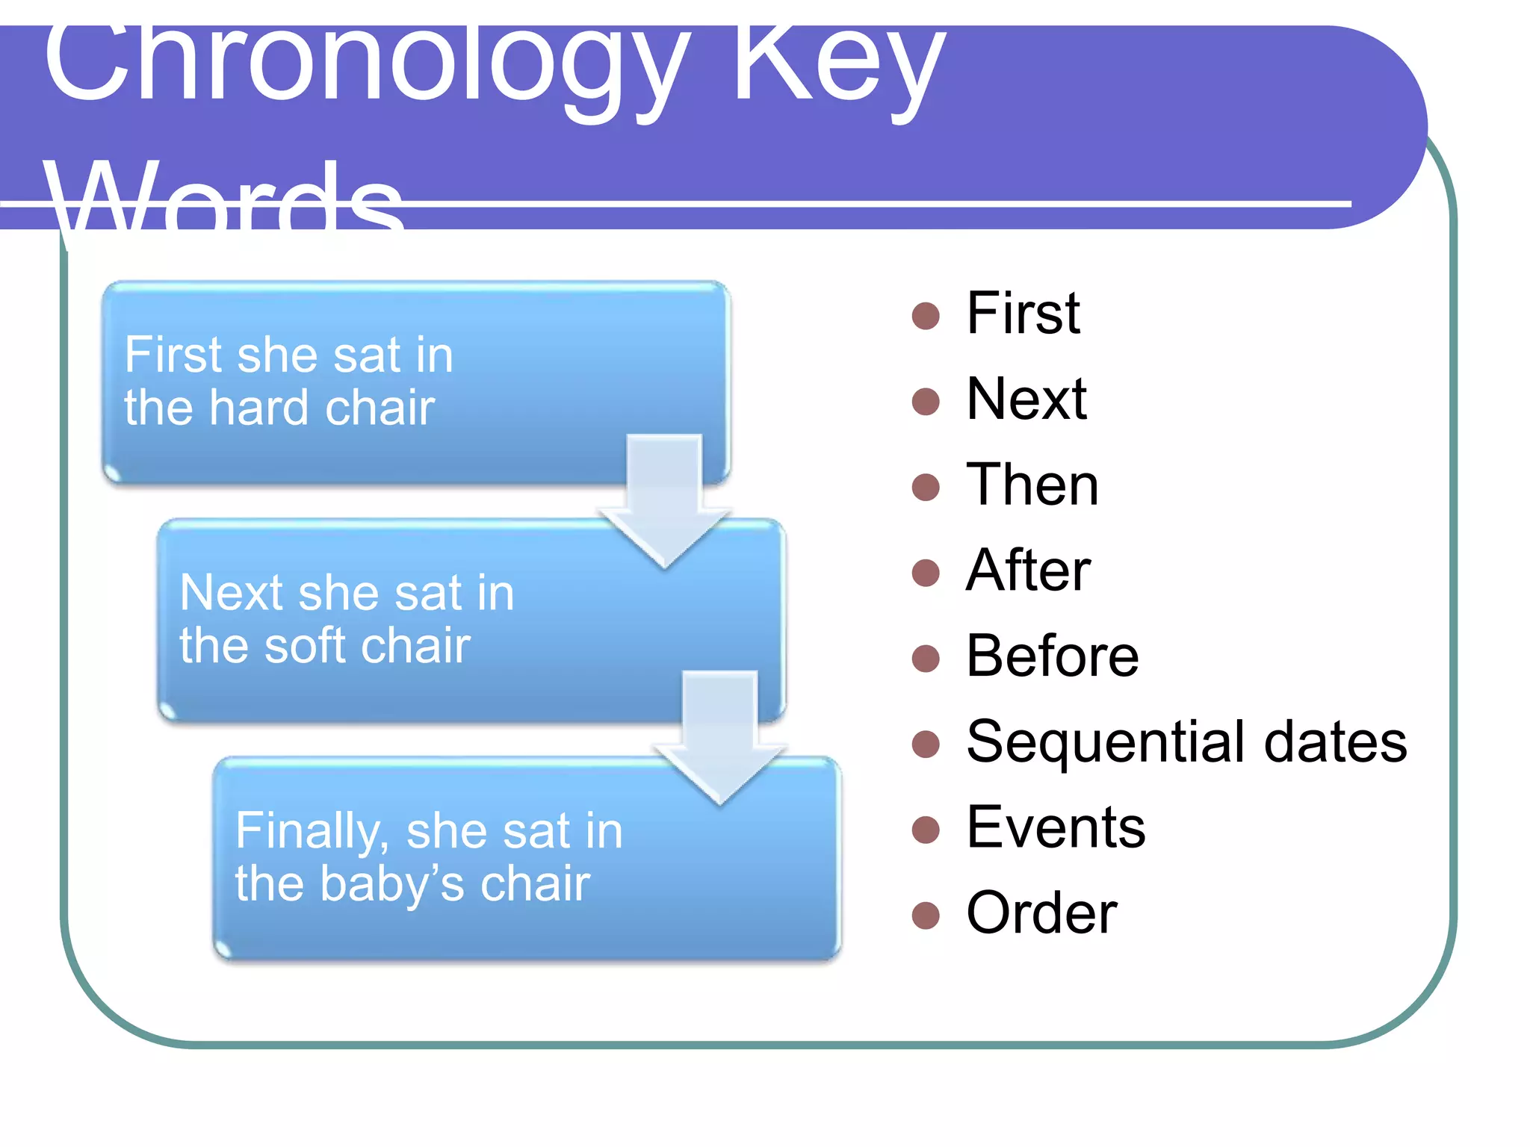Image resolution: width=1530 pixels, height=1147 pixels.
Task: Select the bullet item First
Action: coord(1022,314)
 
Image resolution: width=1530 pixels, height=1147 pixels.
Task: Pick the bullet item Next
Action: coord(1026,400)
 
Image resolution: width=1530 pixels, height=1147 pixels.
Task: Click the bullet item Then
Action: coord(1032,485)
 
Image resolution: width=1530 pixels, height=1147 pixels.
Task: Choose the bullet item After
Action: coord(1028,571)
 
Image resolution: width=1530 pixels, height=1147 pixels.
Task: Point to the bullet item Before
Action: coord(1052,657)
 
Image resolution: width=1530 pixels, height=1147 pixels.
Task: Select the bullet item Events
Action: coord(1055,828)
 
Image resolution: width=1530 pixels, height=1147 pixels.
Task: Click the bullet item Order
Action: coord(1041,914)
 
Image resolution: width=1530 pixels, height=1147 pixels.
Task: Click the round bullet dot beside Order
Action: coord(926,916)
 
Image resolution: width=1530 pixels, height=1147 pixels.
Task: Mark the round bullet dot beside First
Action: coord(926,316)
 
